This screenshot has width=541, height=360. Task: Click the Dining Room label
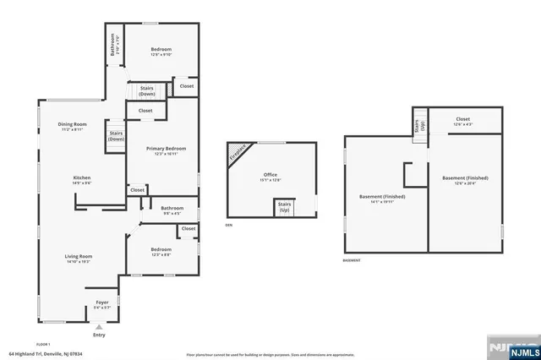coord(72,127)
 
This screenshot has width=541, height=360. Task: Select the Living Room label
coord(79,259)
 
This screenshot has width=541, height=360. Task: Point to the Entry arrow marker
coord(100,327)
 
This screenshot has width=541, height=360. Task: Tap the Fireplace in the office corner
coord(239,154)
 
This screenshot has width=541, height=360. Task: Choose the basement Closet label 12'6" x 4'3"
coord(463,122)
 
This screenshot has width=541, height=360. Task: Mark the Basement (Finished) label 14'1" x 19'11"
coord(382,199)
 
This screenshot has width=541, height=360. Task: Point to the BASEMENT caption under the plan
coord(352,260)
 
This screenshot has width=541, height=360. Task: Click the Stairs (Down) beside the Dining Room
coord(116,137)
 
